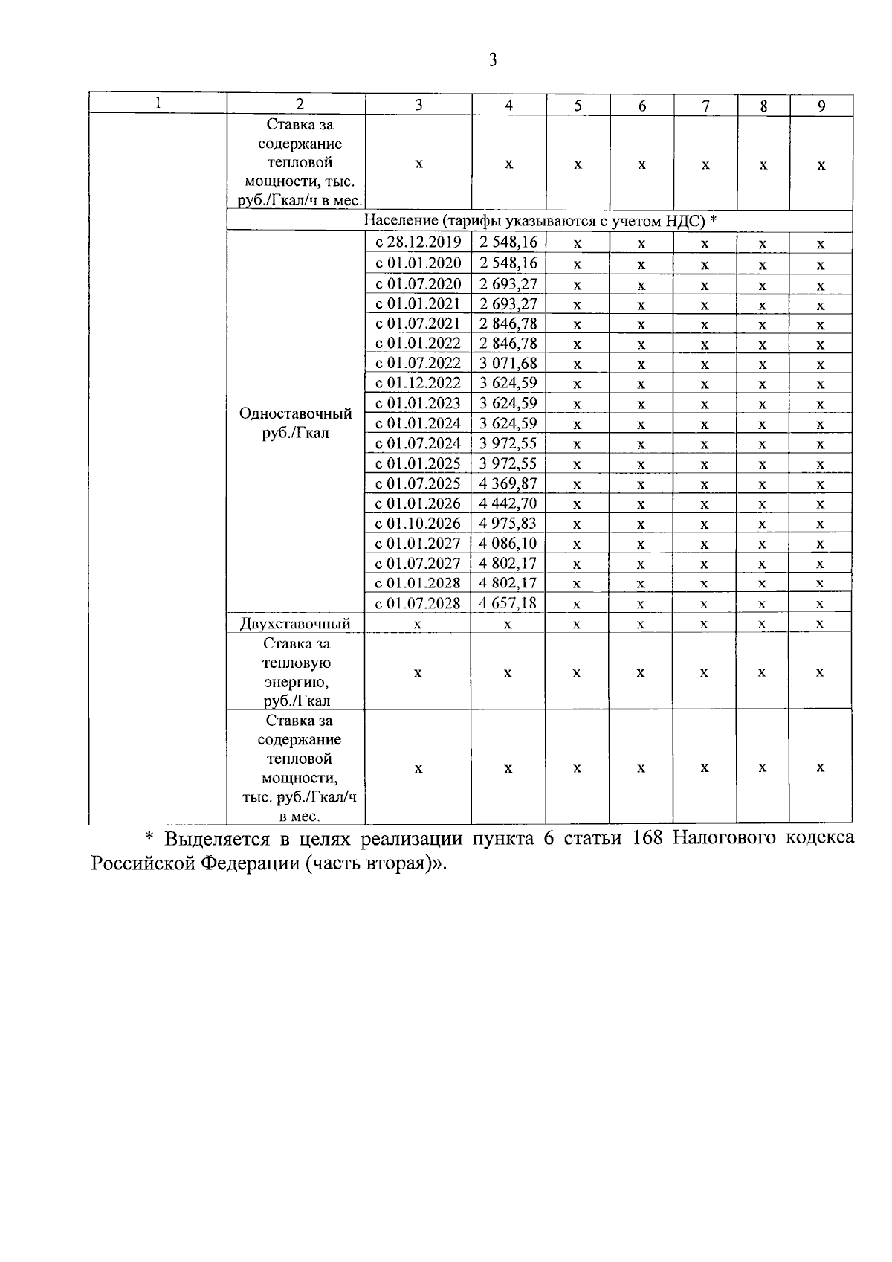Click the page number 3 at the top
point(492,60)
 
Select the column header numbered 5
point(578,106)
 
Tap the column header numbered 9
point(821,106)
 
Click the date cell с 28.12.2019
point(418,242)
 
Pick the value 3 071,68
point(508,364)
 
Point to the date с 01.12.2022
point(418,384)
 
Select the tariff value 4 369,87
point(508,484)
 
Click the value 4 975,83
point(508,524)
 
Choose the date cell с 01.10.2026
point(418,524)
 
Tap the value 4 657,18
point(508,603)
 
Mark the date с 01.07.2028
point(418,603)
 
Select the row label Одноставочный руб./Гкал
point(295,423)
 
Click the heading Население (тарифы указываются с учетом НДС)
point(540,221)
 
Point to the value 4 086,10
point(508,544)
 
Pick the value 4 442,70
point(508,503)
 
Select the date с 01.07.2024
point(418,444)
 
